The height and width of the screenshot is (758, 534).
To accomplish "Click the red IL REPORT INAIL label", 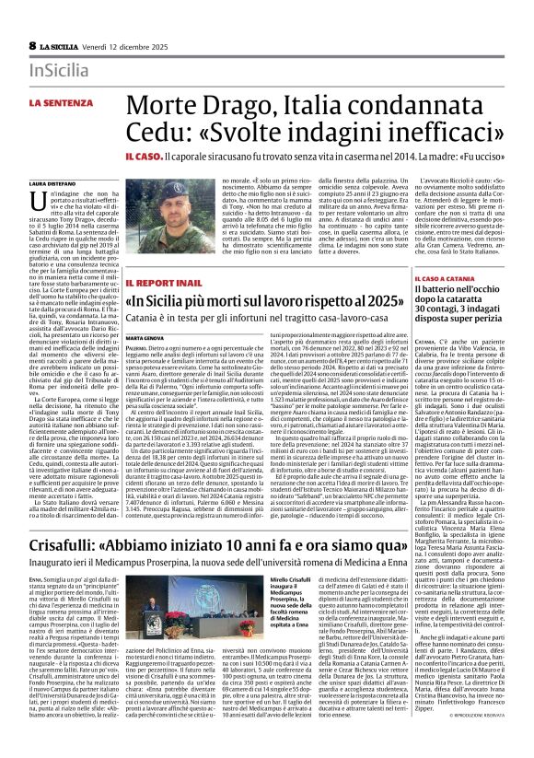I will (163, 281).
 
